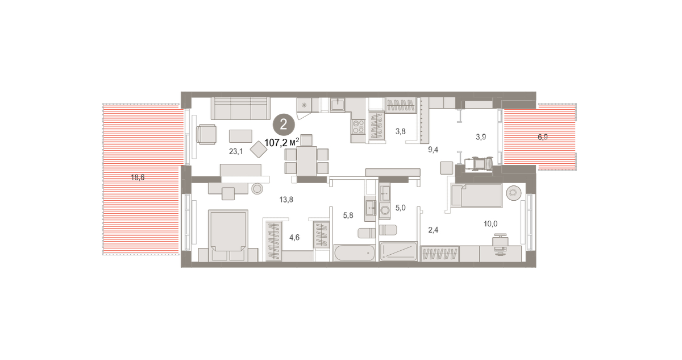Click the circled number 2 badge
[x=284, y=125]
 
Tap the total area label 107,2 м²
[x=282, y=142]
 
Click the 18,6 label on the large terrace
[x=138, y=177]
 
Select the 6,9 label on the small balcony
[x=543, y=137]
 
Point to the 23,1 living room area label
[x=236, y=151]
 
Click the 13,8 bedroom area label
[x=286, y=200]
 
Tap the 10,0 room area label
[x=490, y=224]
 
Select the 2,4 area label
[x=433, y=230]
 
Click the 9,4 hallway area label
[x=433, y=150]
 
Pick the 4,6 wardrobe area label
[x=294, y=237]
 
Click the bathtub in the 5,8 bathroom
[x=355, y=253]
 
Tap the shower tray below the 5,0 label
[x=398, y=251]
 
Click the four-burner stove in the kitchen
[x=359, y=127]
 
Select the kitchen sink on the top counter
[x=338, y=105]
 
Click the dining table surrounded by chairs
[x=306, y=161]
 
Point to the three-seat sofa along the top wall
[x=240, y=109]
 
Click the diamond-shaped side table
[x=259, y=149]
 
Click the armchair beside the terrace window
[x=206, y=134]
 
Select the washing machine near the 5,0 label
[x=385, y=211]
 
